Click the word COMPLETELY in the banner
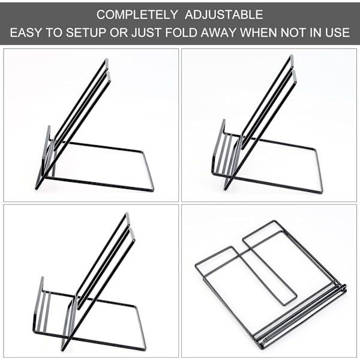(137, 15)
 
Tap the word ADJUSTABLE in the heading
(224, 15)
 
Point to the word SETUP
(86, 32)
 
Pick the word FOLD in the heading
(181, 32)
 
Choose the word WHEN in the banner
(259, 32)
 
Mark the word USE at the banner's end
(337, 32)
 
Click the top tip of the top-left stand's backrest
(107, 59)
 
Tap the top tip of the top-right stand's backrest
(292, 56)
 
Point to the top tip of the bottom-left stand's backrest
(127, 214)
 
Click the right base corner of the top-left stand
(152, 190)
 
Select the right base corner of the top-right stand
(321, 192)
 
